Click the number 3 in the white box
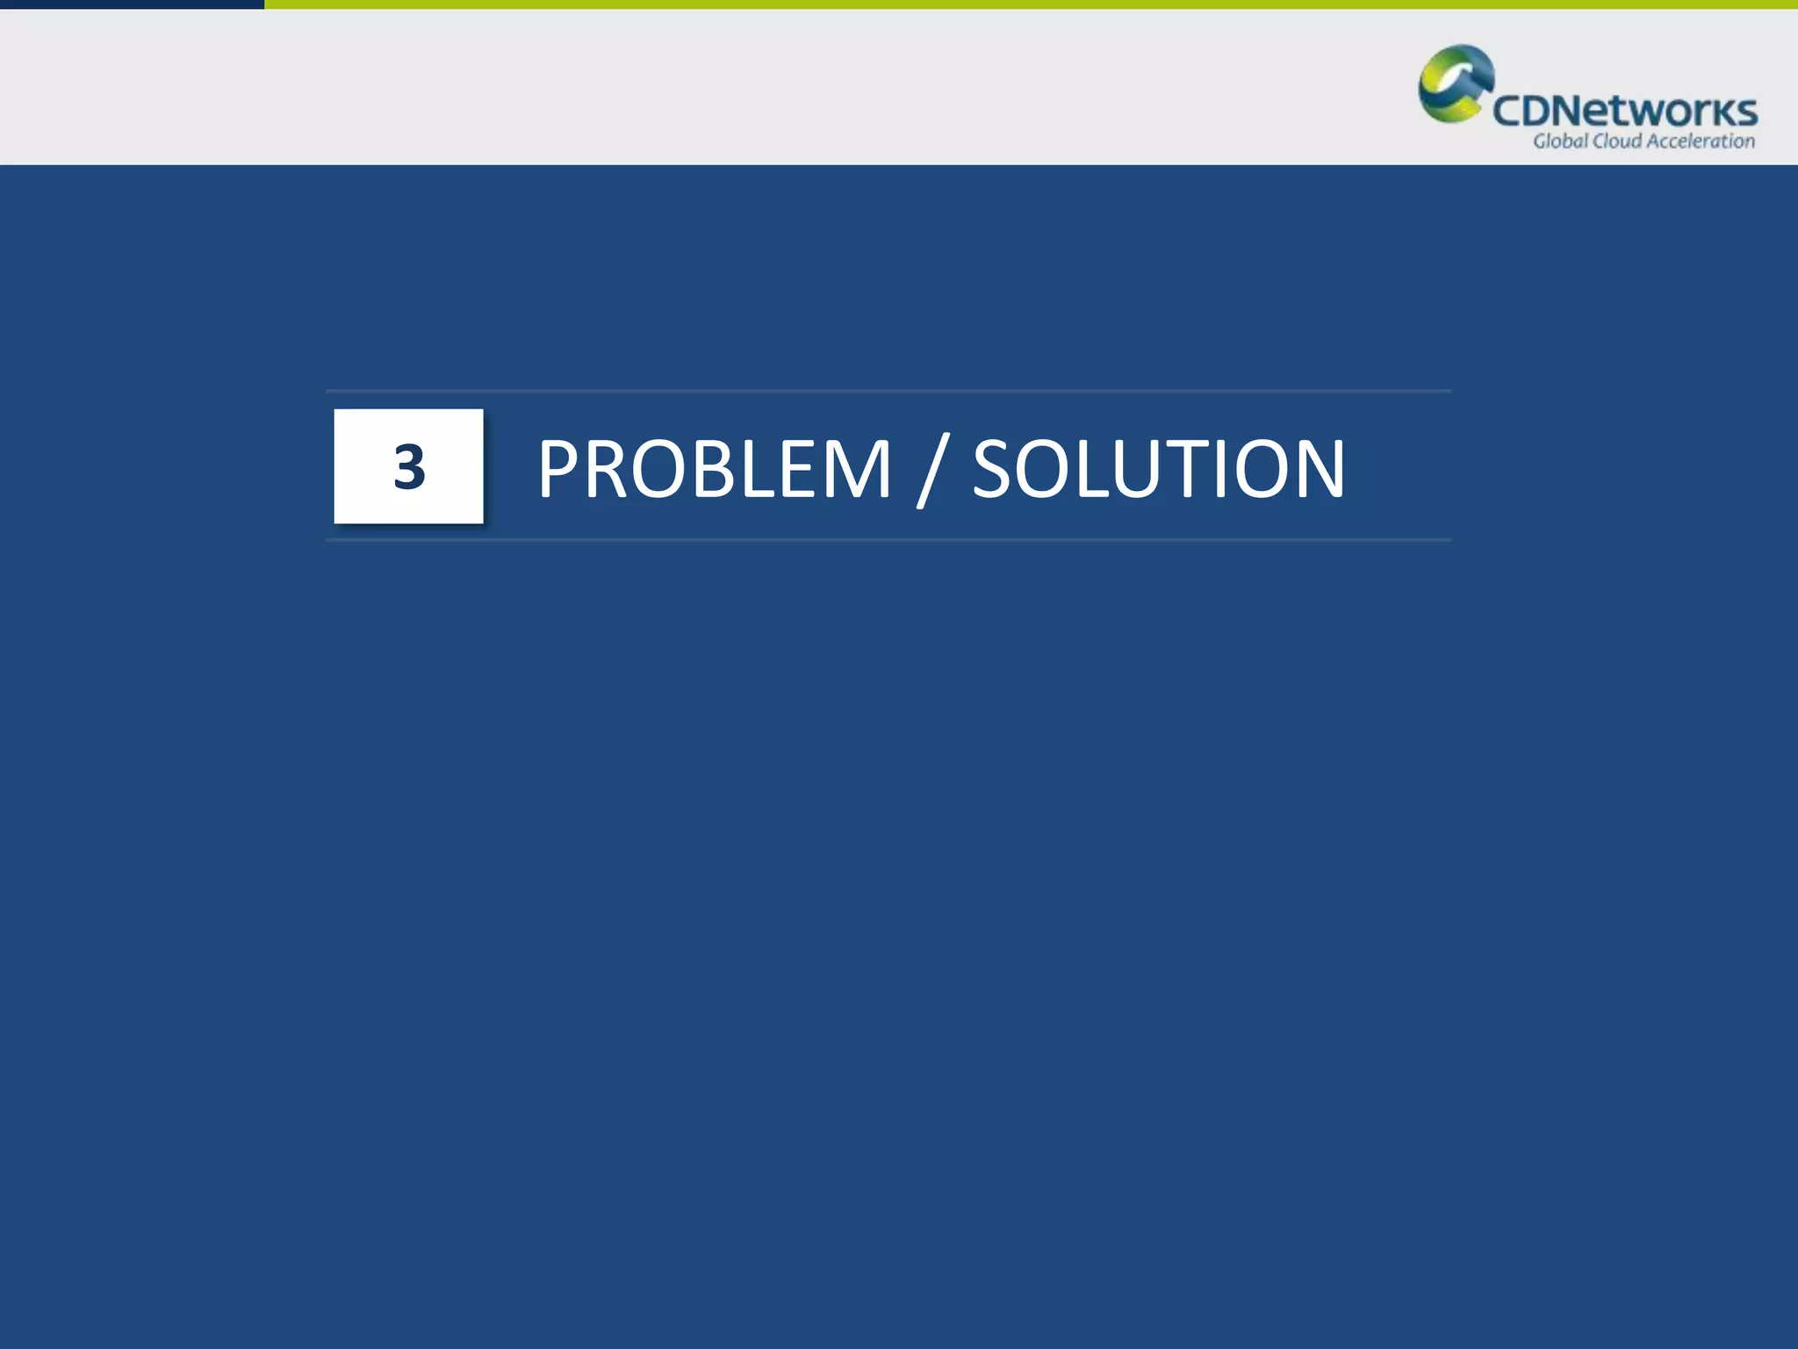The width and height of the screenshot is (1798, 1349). (409, 466)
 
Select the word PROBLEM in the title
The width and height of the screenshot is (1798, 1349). (714, 470)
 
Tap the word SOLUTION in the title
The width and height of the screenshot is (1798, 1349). (1158, 470)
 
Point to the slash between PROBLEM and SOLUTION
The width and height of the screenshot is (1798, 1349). (932, 473)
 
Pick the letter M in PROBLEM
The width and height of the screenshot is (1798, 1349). (856, 470)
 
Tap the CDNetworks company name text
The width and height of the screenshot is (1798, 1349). (1624, 112)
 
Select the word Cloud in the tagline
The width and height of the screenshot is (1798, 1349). (1616, 141)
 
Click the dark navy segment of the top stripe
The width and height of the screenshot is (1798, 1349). (132, 4)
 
